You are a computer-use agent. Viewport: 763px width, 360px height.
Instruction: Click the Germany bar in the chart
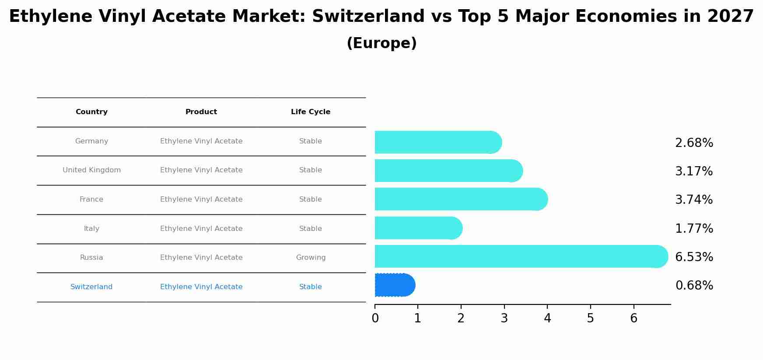click(x=437, y=142)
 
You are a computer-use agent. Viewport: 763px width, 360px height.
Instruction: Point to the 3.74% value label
click(x=694, y=200)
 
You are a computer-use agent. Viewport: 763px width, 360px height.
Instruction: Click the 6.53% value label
click(x=694, y=257)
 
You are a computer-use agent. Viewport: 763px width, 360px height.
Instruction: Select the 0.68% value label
click(x=694, y=286)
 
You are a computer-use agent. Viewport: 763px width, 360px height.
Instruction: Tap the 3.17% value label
click(x=694, y=171)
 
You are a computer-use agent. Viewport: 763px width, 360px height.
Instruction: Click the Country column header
click(x=91, y=112)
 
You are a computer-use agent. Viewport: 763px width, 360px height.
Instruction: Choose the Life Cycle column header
click(x=311, y=112)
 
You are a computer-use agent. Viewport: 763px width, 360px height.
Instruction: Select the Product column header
click(x=201, y=112)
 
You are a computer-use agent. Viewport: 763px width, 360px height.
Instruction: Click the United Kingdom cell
click(x=91, y=170)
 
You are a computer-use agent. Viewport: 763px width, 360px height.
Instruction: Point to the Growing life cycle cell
click(x=311, y=258)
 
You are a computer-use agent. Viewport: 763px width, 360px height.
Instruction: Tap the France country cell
click(x=91, y=199)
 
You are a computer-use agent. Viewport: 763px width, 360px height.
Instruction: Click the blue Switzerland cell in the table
click(x=91, y=287)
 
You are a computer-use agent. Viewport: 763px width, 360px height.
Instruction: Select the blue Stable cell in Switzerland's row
click(x=311, y=287)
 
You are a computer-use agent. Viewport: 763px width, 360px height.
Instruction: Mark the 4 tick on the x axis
click(x=547, y=318)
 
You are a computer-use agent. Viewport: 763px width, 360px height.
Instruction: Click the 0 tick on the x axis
click(x=375, y=318)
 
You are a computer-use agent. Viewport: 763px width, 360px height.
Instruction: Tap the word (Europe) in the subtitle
click(x=381, y=43)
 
